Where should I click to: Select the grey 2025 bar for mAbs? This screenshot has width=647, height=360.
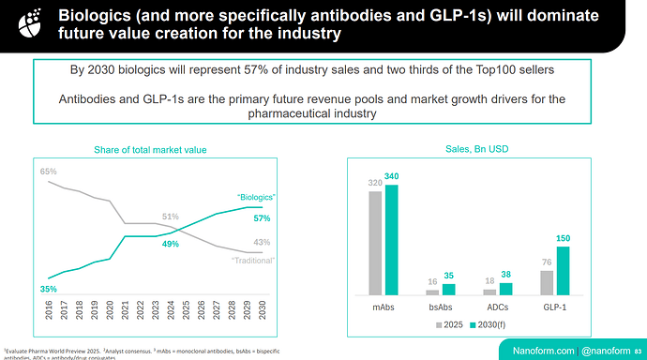pyautogui.click(x=376, y=243)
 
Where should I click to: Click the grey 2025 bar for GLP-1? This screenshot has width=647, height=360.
pyautogui.click(x=547, y=282)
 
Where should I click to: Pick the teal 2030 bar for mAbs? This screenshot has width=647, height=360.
pyautogui.click(x=392, y=240)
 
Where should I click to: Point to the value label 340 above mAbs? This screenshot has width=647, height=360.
pyautogui.click(x=393, y=176)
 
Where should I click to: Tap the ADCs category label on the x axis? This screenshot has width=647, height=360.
pyautogui.click(x=498, y=307)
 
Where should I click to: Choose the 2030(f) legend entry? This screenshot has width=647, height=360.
pyautogui.click(x=489, y=323)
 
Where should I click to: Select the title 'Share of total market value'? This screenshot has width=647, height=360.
pyautogui.click(x=151, y=150)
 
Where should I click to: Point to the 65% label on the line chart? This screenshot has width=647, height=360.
pyautogui.click(x=49, y=172)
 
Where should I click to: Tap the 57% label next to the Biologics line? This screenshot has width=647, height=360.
pyautogui.click(x=262, y=218)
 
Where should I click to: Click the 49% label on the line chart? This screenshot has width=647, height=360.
pyautogui.click(x=171, y=244)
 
